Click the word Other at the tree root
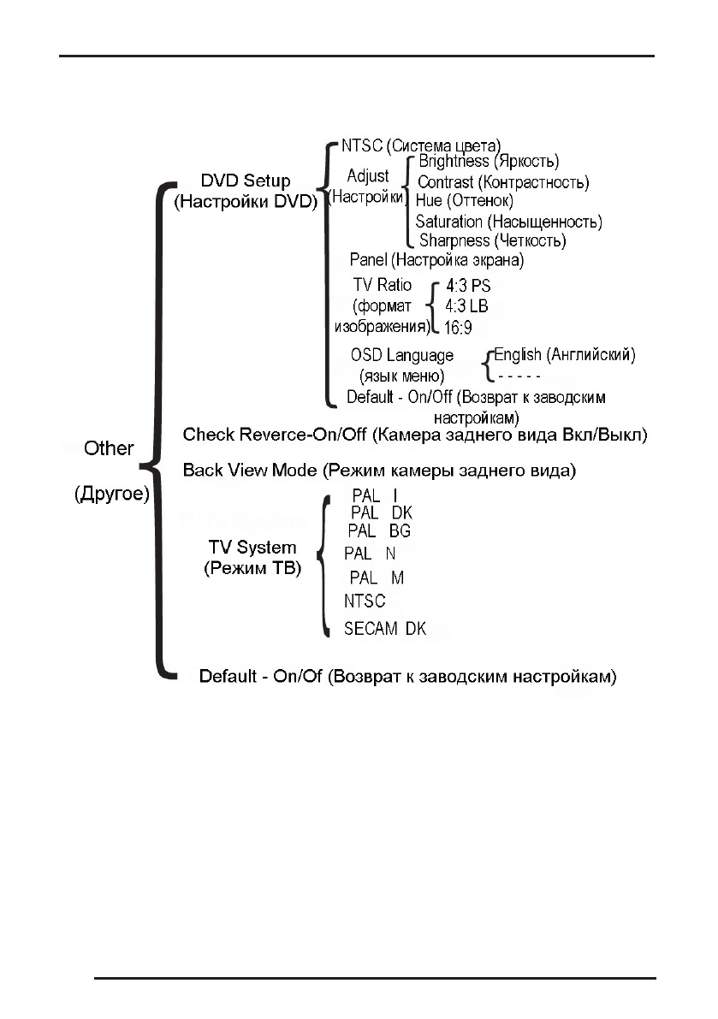(109, 447)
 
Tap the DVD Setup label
(245, 181)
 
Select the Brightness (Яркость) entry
(488, 162)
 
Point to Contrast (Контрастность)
(502, 182)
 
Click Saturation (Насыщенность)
(508, 222)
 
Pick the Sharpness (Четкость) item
(492, 240)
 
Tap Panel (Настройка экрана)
(436, 259)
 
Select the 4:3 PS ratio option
(469, 286)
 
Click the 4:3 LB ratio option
(467, 305)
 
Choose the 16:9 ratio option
(458, 326)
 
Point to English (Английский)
(564, 355)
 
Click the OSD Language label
(401, 355)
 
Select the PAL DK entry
(382, 512)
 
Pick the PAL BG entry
(378, 531)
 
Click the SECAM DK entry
(384, 629)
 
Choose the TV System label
(252, 548)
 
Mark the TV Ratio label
(382, 285)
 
